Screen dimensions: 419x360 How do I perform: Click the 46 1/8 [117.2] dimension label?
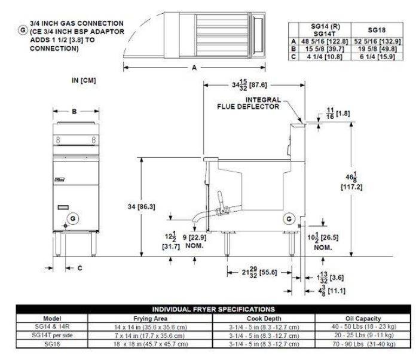click(356, 180)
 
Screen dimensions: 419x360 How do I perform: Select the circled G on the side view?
click(290, 219)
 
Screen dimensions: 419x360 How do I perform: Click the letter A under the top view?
click(194, 68)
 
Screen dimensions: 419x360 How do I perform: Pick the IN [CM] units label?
click(84, 80)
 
